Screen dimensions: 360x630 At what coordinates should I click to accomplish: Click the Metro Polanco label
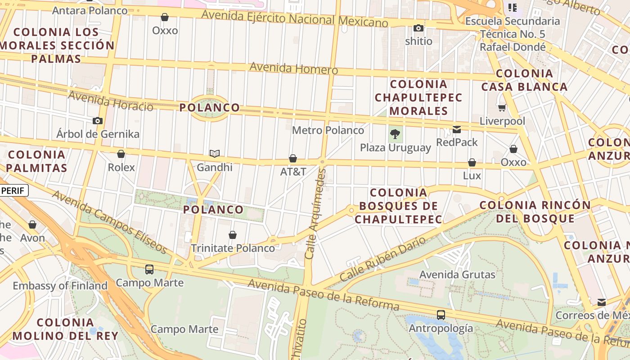tap(328, 130)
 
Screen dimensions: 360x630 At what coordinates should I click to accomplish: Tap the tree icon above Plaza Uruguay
tap(395, 134)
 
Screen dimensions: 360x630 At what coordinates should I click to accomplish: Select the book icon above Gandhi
tap(215, 154)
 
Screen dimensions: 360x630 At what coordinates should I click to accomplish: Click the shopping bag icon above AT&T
tap(293, 158)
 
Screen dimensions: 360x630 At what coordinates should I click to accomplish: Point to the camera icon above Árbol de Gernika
tap(98, 121)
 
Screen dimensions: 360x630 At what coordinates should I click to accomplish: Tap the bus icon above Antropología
tap(441, 315)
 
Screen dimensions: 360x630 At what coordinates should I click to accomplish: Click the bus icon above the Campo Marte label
tap(149, 270)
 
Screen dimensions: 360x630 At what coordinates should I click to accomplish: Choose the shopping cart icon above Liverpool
tap(502, 108)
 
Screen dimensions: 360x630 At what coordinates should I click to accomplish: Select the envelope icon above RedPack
tap(457, 130)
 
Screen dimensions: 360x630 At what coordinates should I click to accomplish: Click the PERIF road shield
tap(13, 190)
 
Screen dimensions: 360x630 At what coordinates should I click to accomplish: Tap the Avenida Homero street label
tap(293, 68)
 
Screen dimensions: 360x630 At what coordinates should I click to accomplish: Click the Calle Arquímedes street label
tap(315, 214)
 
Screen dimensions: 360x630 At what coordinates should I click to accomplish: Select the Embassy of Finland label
tap(60, 286)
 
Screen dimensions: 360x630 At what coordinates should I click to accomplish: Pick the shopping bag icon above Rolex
tap(121, 154)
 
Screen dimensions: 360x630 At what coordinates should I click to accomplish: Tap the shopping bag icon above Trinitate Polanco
tap(233, 235)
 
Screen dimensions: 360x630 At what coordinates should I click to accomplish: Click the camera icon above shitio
tap(418, 28)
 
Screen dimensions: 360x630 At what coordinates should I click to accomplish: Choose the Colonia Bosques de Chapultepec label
tap(398, 206)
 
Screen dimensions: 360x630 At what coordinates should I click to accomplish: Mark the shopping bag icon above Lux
tap(472, 162)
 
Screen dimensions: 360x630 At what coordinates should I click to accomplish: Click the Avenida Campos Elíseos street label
tap(109, 222)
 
